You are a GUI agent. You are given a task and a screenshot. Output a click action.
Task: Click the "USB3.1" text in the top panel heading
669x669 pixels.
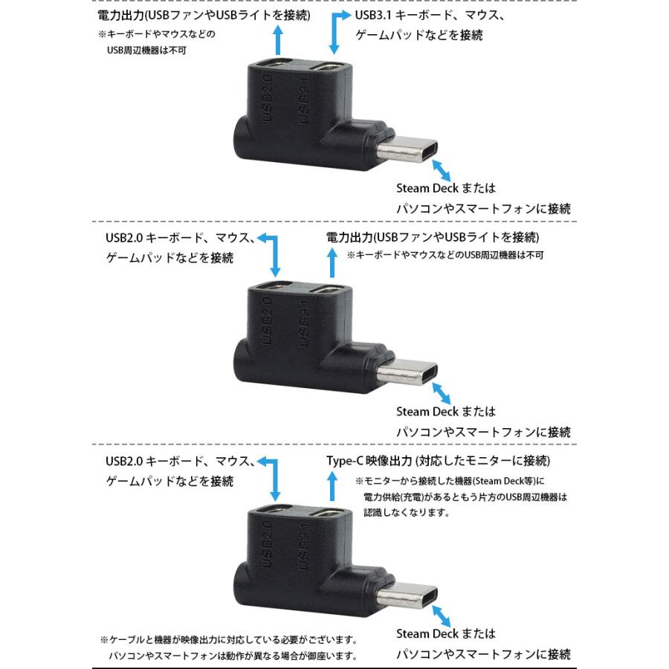click(x=372, y=15)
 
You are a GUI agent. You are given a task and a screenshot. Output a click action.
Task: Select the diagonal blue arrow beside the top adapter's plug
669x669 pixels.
click(x=442, y=167)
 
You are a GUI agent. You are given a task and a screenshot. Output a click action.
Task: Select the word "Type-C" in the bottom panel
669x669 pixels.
click(x=344, y=461)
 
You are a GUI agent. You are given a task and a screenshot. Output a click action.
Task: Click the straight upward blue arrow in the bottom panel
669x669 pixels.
click(x=333, y=488)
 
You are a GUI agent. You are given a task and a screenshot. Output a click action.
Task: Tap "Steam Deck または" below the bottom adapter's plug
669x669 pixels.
click(x=445, y=633)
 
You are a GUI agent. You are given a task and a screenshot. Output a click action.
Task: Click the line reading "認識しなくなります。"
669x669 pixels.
click(x=407, y=512)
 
